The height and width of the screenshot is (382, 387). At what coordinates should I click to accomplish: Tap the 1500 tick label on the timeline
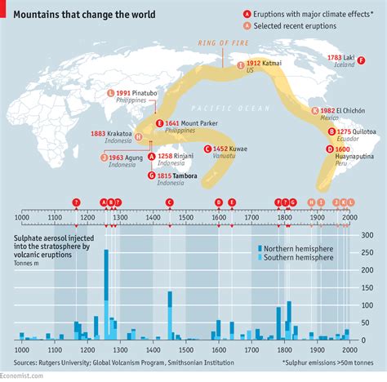(x=185, y=217)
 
